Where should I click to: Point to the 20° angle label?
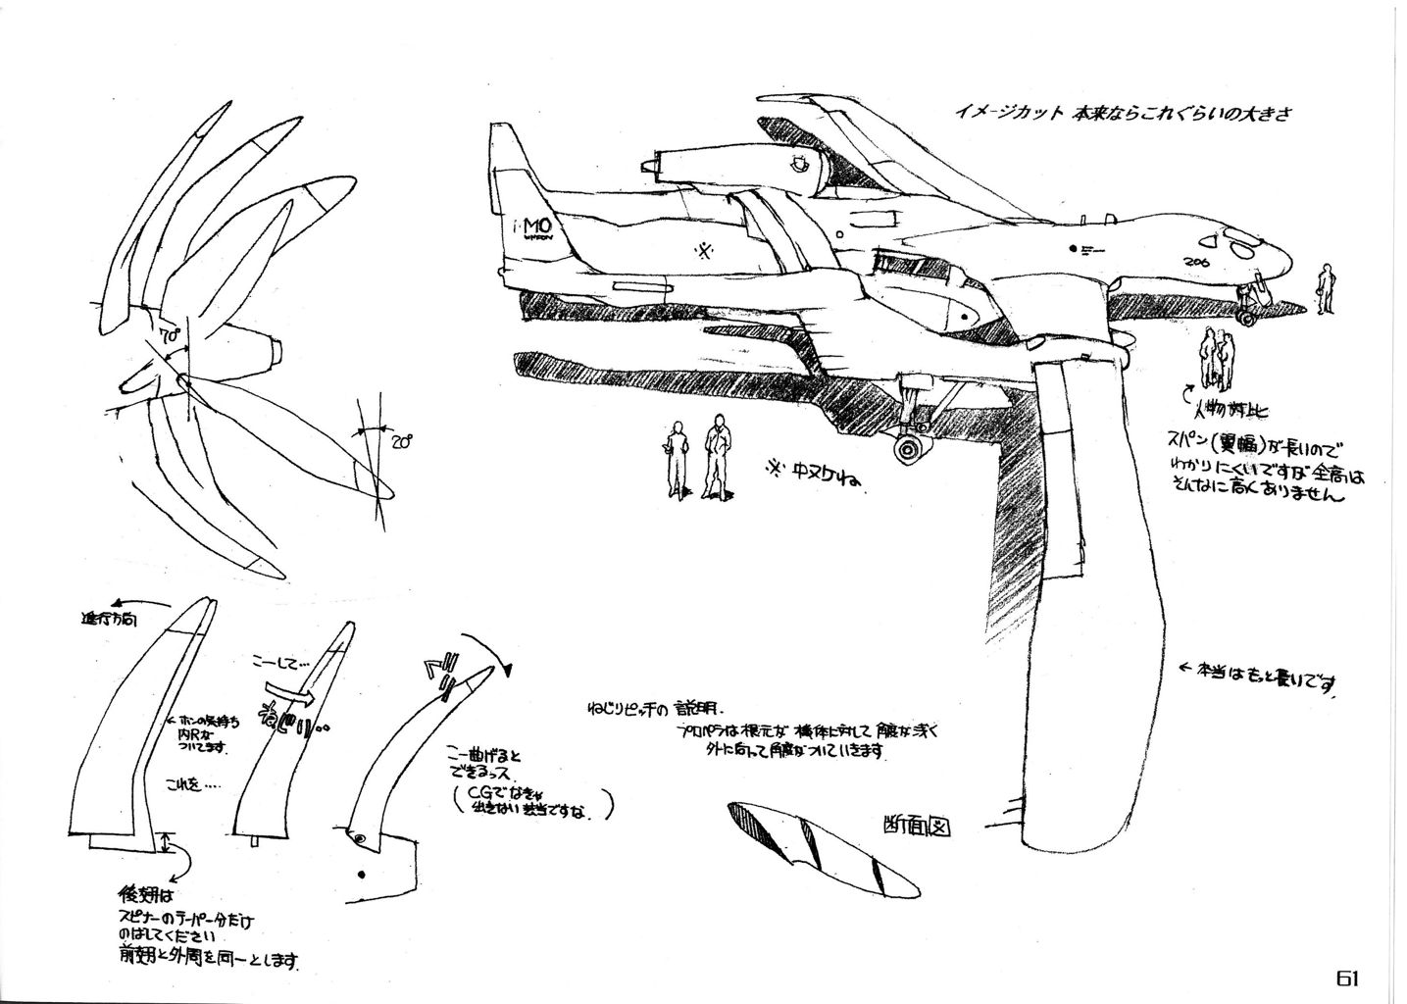[400, 442]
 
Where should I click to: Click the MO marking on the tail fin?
[527, 223]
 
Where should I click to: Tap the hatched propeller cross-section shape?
[819, 846]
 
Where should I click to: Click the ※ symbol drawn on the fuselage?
[703, 251]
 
